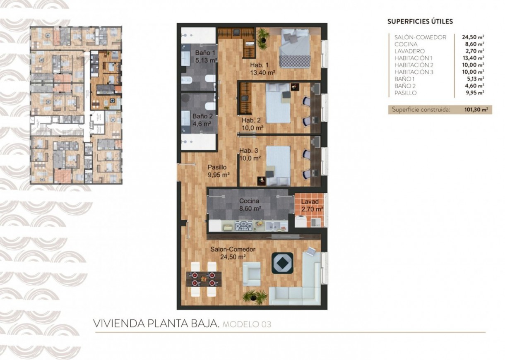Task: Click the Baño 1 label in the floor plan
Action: click(205, 53)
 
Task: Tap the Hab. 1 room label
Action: click(259, 65)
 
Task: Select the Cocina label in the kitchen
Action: click(249, 201)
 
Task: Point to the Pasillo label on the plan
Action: click(217, 167)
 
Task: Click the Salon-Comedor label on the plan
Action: click(233, 250)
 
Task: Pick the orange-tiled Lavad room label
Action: click(310, 202)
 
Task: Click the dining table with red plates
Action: click(204, 279)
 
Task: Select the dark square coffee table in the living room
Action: click(282, 263)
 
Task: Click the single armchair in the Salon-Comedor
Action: click(252, 274)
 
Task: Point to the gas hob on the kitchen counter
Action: click(243, 226)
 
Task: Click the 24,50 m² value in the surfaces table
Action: click(473, 37)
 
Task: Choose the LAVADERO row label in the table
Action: click(409, 51)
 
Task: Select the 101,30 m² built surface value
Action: click(476, 110)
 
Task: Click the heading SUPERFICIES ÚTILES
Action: click(420, 22)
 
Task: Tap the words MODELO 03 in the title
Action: click(247, 324)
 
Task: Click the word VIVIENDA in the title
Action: click(118, 324)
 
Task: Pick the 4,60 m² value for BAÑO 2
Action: click(475, 86)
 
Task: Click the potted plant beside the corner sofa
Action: click(255, 296)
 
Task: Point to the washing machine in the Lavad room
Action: click(300, 221)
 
